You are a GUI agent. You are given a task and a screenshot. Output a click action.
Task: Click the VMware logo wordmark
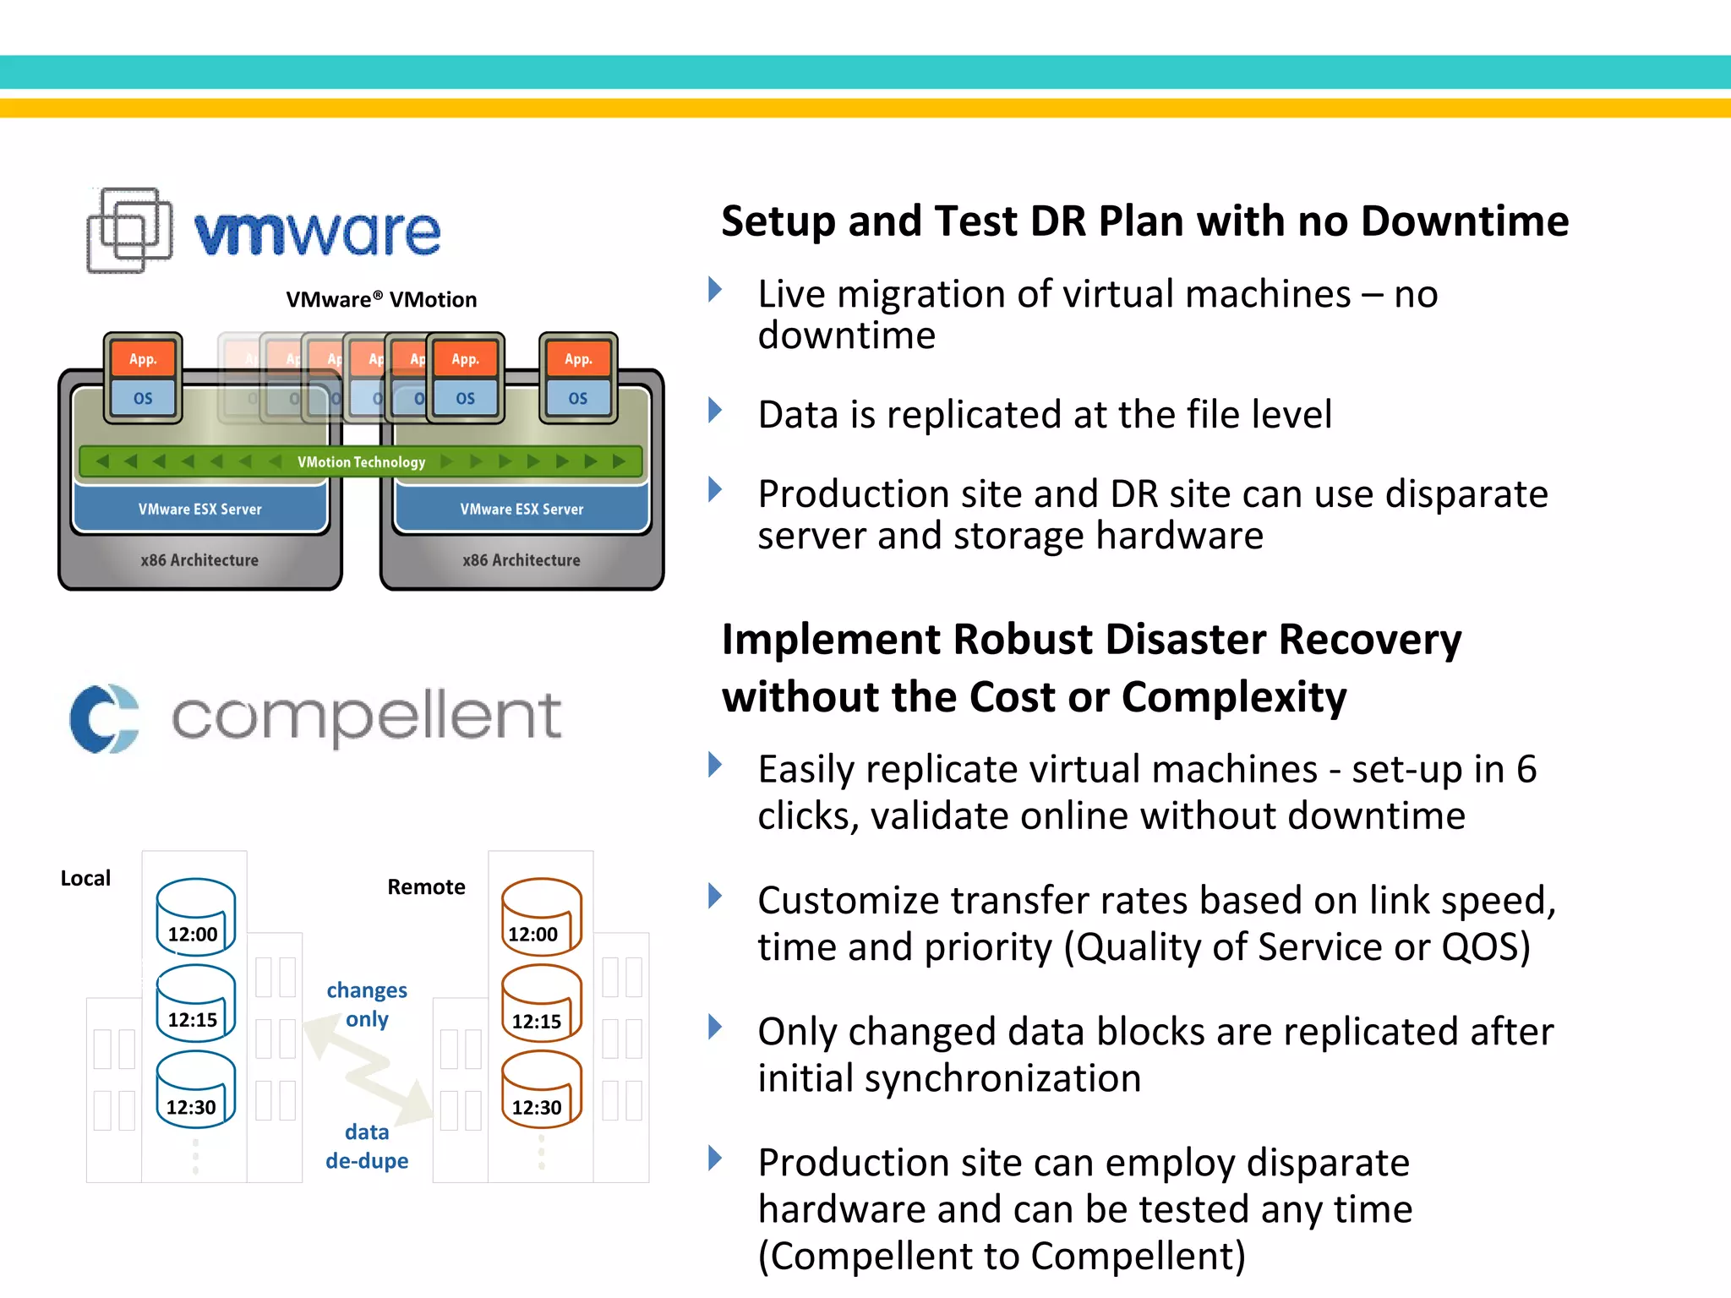(317, 233)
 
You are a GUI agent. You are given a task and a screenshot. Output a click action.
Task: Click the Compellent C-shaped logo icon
(104, 718)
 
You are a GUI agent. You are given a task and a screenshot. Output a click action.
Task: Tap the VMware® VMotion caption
(381, 300)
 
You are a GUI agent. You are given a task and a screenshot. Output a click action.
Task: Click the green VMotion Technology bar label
(361, 462)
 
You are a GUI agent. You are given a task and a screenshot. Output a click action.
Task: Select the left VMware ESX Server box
(200, 510)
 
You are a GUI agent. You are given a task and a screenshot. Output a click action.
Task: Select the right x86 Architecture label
(521, 560)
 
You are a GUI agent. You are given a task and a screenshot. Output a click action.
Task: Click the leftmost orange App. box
(143, 359)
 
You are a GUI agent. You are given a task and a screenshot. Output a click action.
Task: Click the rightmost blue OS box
(578, 398)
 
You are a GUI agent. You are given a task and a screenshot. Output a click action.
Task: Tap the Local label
(85, 879)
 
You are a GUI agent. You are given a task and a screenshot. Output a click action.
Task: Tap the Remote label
(426, 887)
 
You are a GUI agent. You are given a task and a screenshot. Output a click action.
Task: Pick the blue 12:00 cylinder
(195, 917)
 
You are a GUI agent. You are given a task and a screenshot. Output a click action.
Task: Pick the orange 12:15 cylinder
(541, 1004)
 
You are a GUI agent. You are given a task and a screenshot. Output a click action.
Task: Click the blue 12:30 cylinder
(195, 1090)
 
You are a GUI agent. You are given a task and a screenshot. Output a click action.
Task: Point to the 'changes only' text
(367, 1004)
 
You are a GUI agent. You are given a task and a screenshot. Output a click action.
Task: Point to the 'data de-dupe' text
(367, 1147)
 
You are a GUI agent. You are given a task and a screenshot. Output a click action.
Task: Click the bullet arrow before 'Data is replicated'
(715, 412)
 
